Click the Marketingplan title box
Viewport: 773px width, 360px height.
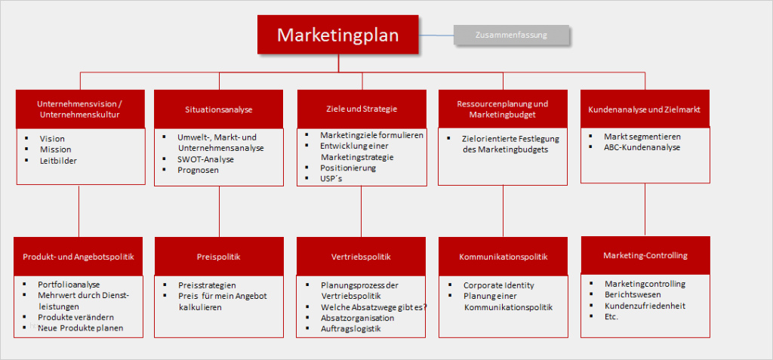[337, 35]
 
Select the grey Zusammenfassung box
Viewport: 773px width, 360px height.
[511, 35]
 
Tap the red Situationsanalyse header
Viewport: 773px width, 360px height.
[219, 109]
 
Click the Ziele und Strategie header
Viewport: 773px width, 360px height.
[362, 109]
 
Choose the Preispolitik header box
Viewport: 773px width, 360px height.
[219, 257]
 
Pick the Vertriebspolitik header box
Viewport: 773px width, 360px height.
[361, 257]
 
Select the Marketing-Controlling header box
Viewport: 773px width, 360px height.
[645, 255]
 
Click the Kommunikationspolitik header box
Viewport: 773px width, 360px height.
[504, 257]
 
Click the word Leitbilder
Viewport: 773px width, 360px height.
[59, 160]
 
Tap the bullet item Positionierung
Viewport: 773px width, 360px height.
[348, 168]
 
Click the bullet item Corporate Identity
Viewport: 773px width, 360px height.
[498, 285]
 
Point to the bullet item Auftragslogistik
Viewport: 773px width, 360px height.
[350, 328]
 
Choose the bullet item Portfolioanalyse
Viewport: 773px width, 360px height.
[69, 285]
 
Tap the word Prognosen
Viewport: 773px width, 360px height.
[199, 170]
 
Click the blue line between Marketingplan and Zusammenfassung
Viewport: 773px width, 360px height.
[436, 35]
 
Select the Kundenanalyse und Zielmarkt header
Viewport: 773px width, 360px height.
[645, 109]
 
